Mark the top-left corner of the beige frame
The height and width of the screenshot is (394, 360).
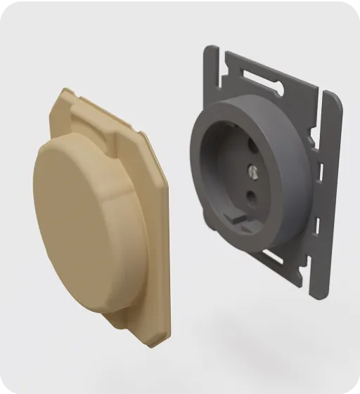(65, 91)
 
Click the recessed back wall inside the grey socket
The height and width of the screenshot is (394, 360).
(243, 176)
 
